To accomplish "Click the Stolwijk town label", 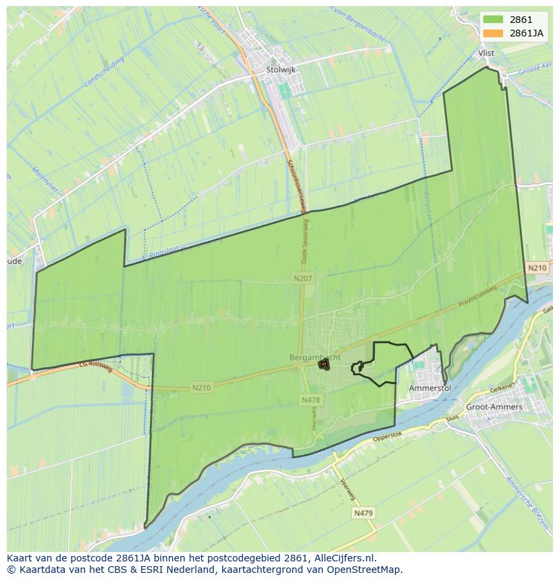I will pyautogui.click(x=281, y=69).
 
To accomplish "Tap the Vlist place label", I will pyautogui.click(x=485, y=53).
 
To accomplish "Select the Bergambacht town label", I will pyautogui.click(x=315, y=357).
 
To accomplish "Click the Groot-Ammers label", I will pyautogui.click(x=494, y=408).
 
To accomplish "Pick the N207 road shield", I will pyautogui.click(x=302, y=278).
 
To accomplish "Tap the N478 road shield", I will pyautogui.click(x=311, y=400).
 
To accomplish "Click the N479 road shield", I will pyautogui.click(x=364, y=514).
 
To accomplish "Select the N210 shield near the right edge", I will pyautogui.click(x=537, y=268).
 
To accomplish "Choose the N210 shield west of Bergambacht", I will pyautogui.click(x=201, y=387).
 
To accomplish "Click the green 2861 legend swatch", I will pyautogui.click(x=493, y=20).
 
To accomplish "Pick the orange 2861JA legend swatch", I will pyautogui.click(x=493, y=32).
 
